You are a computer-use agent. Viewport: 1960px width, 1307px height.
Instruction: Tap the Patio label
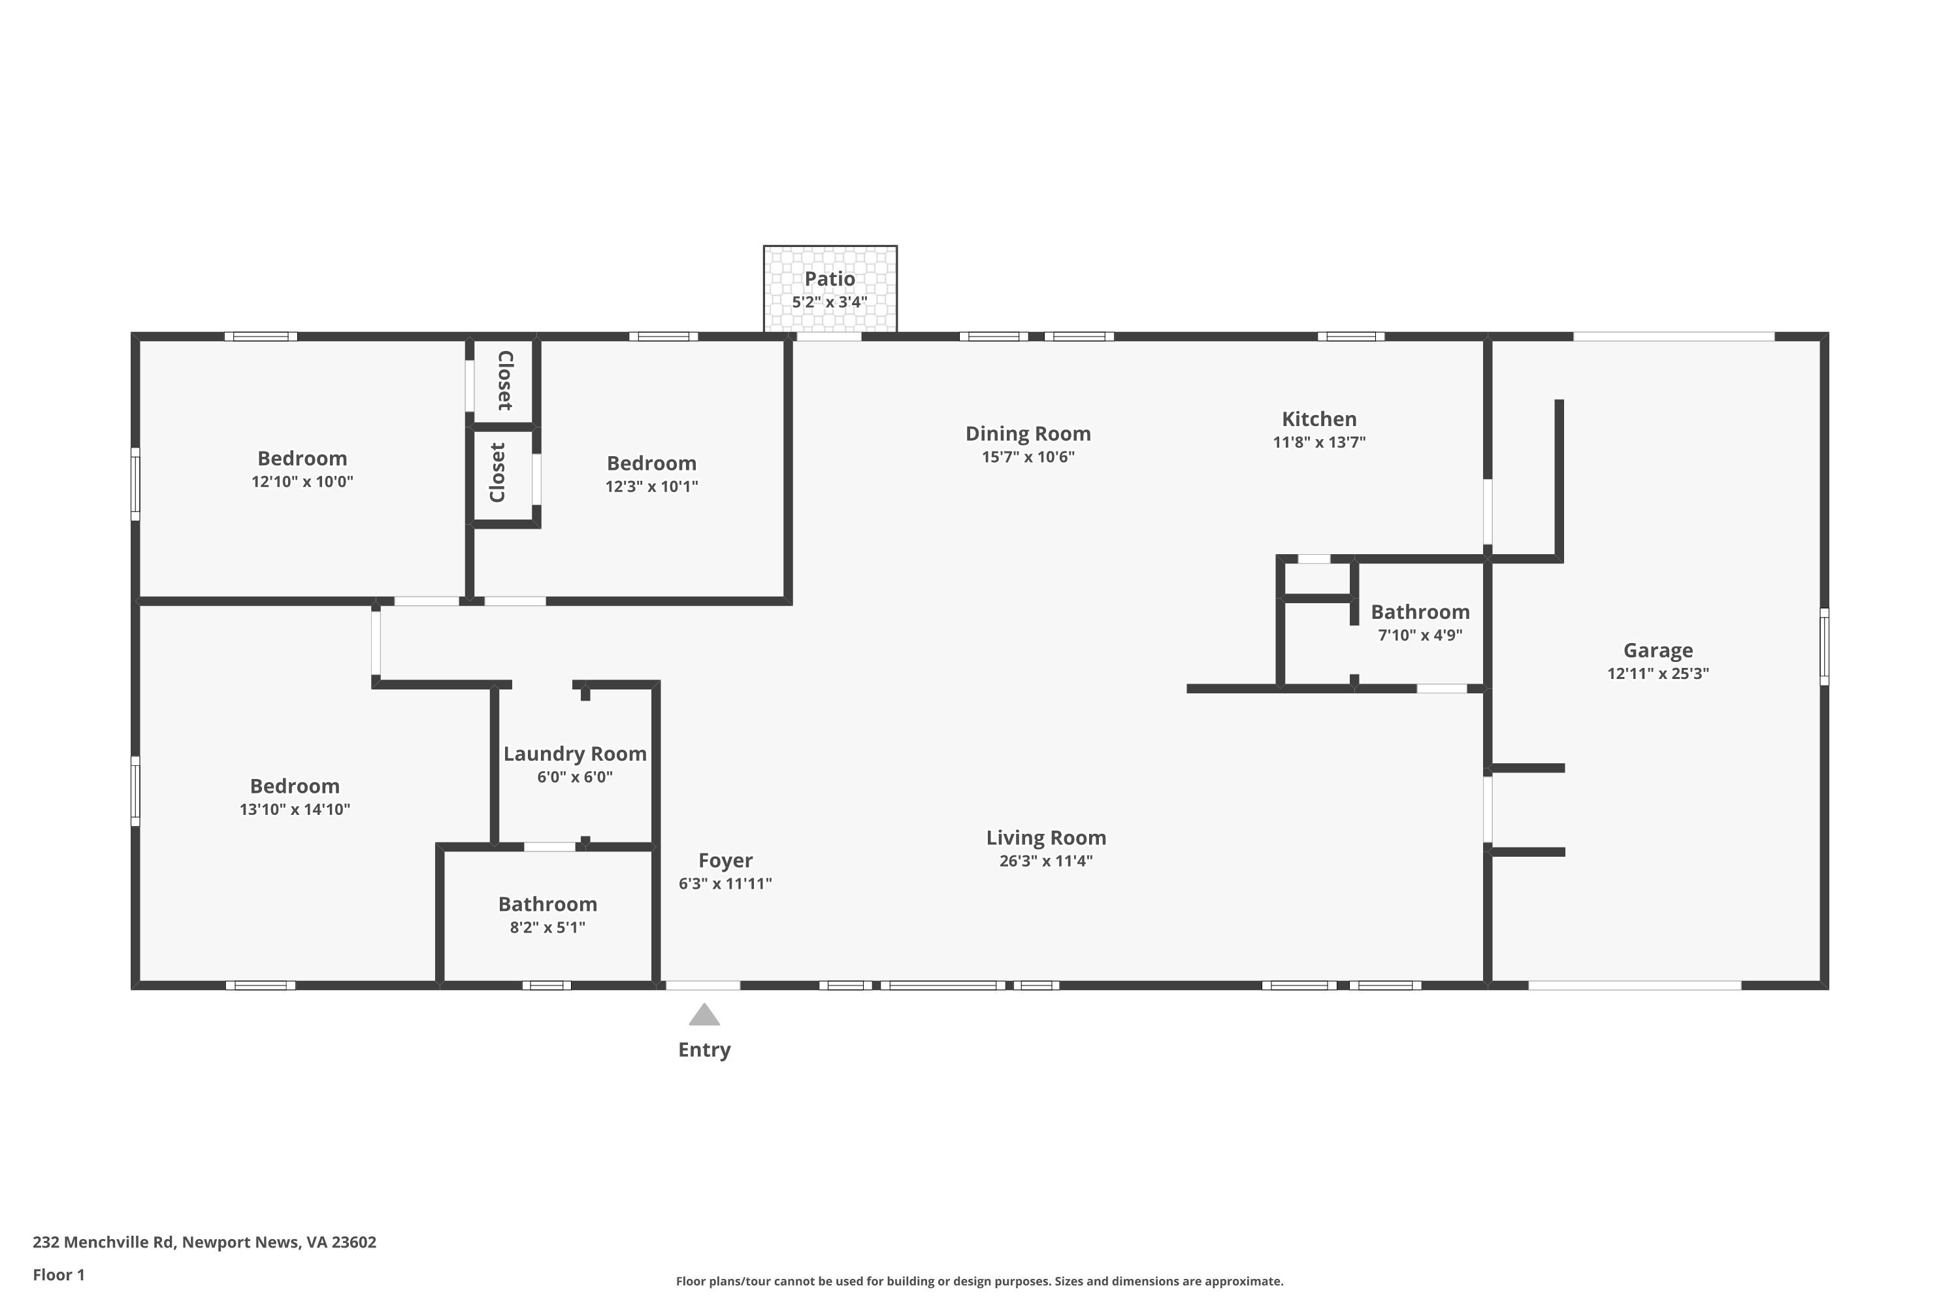829,278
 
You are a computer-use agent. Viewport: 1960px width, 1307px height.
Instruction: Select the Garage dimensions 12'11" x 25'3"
1658,674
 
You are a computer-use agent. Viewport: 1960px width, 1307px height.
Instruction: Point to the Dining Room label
1028,433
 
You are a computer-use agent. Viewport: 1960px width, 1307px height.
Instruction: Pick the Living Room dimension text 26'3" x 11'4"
1046,861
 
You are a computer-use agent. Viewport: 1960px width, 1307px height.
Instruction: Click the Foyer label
725,860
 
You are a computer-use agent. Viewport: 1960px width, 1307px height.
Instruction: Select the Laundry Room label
575,753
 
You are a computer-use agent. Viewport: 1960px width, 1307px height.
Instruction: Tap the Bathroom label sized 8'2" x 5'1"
547,904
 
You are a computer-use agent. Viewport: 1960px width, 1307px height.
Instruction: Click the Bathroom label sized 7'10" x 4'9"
1420,612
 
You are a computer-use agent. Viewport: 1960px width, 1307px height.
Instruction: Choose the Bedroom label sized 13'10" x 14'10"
294,786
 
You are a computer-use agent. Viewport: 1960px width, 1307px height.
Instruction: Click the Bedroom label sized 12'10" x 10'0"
302,459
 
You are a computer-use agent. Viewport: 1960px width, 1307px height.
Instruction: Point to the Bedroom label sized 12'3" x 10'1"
651,463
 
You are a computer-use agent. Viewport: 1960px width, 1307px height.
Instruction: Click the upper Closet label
505,381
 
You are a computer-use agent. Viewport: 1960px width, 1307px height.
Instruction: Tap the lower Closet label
497,472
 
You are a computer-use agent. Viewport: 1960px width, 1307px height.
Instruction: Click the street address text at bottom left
204,1242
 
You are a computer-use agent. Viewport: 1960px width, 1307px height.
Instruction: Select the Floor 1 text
58,1274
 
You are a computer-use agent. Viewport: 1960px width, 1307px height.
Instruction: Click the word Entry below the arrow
704,1050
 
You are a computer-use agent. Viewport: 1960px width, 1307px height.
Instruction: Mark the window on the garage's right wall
1824,647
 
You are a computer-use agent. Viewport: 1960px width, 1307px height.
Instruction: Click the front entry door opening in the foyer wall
702,985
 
